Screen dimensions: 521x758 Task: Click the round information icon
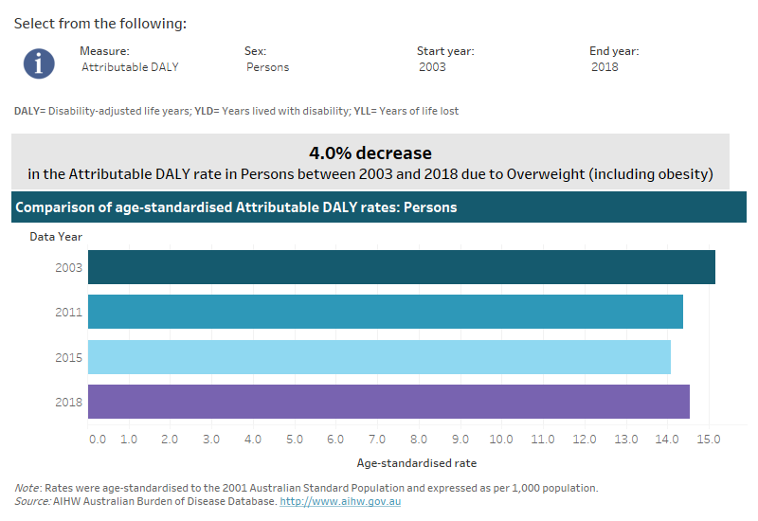point(39,63)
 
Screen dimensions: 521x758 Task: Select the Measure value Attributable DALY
point(130,67)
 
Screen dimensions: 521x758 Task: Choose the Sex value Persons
point(267,67)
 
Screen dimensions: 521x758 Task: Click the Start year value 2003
point(432,67)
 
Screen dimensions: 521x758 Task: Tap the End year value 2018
point(605,67)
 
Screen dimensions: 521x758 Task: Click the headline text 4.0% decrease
point(370,153)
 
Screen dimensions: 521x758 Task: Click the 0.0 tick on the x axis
point(97,440)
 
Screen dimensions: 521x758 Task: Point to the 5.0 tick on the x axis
point(295,440)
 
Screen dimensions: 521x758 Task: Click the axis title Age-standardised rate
point(416,463)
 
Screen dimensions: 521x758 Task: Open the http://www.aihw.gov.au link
point(340,501)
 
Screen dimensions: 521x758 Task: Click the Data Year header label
point(55,237)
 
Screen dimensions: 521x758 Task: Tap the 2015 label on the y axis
point(69,358)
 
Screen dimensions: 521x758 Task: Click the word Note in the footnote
point(27,488)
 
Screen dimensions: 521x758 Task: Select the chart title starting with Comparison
point(236,207)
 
